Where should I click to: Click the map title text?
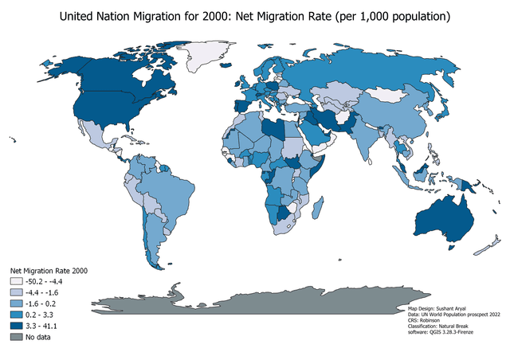pos(255,15)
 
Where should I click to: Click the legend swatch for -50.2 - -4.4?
pos(16,281)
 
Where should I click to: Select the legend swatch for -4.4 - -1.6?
pos(16,292)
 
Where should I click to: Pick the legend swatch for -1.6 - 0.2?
pos(16,303)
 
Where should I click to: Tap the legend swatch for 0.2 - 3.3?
pos(16,315)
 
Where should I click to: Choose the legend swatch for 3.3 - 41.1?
pos(16,326)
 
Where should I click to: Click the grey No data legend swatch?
pos(16,337)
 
